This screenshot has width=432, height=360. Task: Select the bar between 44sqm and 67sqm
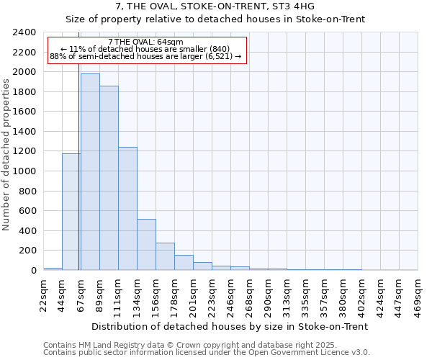[x=71, y=212]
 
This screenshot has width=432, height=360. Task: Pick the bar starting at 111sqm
[x=127, y=209]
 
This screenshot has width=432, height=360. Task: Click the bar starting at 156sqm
[x=165, y=256]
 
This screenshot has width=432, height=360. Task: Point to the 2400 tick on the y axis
[x=24, y=32]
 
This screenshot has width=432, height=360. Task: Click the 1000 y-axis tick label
[x=24, y=171]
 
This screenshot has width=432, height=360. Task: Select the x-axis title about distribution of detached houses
[x=230, y=326]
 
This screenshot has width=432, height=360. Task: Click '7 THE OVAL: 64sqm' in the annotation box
[x=145, y=42]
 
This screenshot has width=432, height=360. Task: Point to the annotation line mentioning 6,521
[x=145, y=56]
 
